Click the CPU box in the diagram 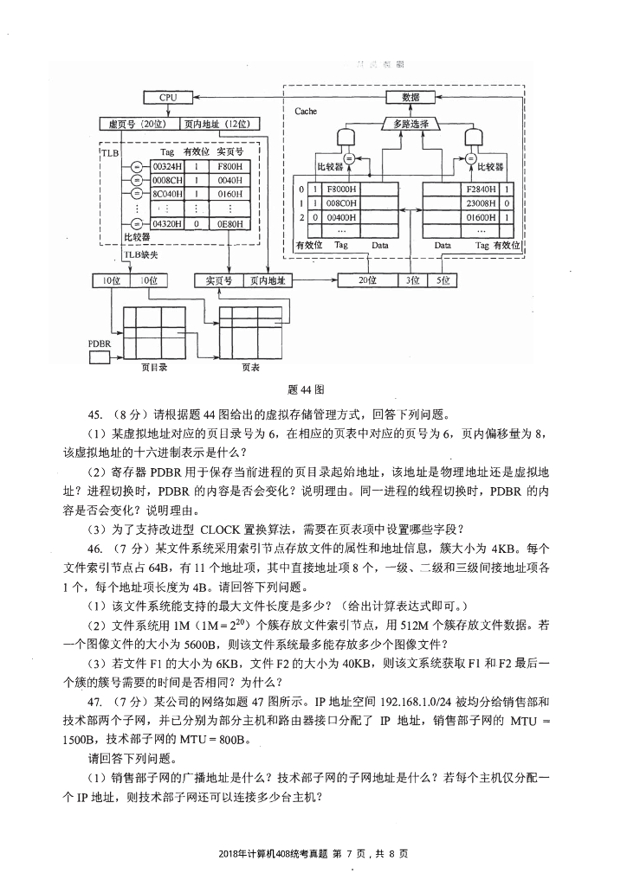pos(167,98)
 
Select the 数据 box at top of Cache pos(410,97)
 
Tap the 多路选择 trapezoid pos(410,124)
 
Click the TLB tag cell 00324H pos(167,165)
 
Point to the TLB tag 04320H pos(167,223)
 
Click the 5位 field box pos(443,280)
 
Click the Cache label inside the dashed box pos(306,112)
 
